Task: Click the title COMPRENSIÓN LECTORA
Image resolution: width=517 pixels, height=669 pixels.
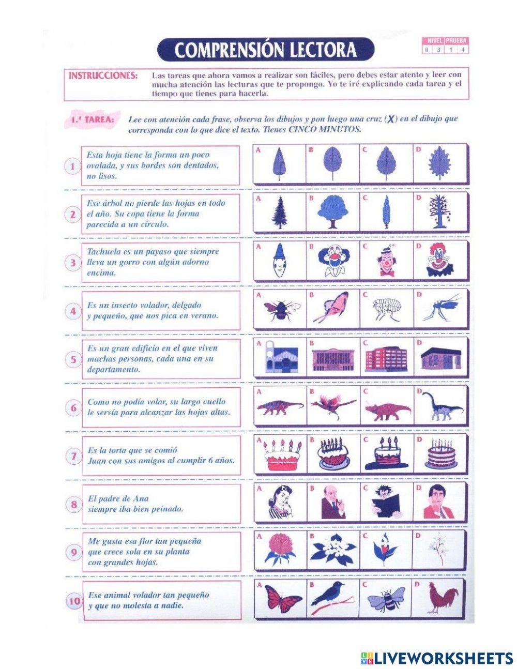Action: click(265, 50)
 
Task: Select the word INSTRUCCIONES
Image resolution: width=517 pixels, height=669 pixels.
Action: click(103, 75)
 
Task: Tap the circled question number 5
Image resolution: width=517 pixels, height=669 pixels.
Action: click(73, 359)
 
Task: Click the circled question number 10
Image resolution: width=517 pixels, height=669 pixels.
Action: click(74, 601)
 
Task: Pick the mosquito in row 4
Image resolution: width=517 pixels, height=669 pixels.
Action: click(440, 308)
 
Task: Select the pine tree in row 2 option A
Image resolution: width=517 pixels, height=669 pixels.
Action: click(280, 212)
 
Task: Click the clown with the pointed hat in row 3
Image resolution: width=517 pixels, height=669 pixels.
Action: click(279, 260)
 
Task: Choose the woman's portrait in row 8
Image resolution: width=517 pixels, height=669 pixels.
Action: click(281, 501)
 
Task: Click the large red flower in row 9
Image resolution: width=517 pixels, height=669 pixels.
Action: click(281, 549)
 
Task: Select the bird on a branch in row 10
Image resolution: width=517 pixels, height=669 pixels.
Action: click(332, 597)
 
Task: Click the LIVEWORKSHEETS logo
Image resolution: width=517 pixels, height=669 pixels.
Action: click(436, 658)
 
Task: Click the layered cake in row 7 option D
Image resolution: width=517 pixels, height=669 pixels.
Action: click(440, 455)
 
